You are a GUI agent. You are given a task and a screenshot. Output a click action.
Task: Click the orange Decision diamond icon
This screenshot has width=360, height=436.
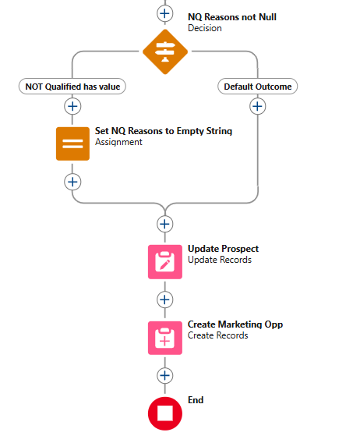tap(165, 51)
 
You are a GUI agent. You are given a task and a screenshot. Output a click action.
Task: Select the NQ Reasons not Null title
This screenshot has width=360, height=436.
tap(232, 17)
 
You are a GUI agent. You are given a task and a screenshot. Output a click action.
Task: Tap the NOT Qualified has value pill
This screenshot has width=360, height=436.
tap(72, 87)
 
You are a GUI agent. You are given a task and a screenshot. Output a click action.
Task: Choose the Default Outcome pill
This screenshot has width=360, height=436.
tap(257, 87)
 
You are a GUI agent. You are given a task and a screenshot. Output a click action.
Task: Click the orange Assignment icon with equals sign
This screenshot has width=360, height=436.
tap(72, 144)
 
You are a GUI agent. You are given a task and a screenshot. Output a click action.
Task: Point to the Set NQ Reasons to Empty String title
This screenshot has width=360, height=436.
tap(164, 131)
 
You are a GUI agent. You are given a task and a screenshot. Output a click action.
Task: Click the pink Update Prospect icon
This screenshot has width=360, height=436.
tap(165, 262)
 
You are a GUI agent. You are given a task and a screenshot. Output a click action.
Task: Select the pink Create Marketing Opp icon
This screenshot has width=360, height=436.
tap(165, 338)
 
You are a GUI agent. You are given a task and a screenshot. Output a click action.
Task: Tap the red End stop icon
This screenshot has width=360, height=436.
tap(165, 413)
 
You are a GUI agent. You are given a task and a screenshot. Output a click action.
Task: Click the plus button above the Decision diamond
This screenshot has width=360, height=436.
tap(165, 13)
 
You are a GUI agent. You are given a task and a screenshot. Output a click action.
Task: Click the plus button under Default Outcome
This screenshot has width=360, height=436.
tap(257, 106)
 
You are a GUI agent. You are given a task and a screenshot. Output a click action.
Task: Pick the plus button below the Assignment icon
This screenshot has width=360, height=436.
tap(72, 183)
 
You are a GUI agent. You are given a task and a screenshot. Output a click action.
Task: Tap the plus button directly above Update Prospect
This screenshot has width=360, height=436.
tap(165, 224)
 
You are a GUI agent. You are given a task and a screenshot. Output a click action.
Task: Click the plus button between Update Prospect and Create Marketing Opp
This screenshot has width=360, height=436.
tap(165, 300)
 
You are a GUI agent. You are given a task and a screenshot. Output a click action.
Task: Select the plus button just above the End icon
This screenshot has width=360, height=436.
tap(165, 376)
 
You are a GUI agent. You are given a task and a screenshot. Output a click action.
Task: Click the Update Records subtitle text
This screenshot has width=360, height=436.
tap(220, 260)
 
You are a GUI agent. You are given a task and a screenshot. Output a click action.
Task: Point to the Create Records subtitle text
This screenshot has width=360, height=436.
tap(217, 335)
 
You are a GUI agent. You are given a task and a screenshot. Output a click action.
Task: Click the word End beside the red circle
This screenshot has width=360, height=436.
tap(196, 400)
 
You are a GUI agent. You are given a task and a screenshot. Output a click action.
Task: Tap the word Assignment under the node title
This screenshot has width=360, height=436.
tap(118, 142)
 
